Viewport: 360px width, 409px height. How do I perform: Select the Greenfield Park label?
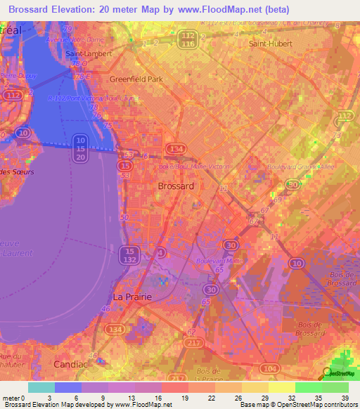136,79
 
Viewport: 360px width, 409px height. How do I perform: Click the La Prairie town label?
133,297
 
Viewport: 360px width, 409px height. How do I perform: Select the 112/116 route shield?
187,40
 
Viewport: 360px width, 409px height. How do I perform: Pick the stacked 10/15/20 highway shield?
80,148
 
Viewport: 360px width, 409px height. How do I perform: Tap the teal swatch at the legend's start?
41,387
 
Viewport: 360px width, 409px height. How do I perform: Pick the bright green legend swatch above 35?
309,387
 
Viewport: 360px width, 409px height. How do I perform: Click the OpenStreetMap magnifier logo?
328,373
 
